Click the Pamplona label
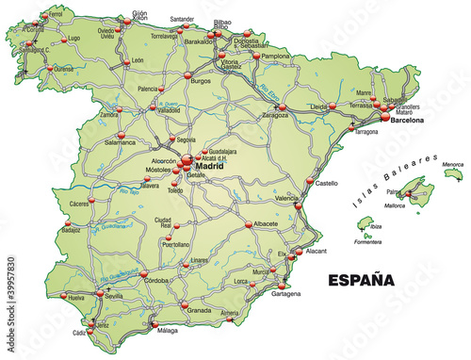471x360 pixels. [x=275, y=57]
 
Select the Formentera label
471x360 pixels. [x=368, y=242]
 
